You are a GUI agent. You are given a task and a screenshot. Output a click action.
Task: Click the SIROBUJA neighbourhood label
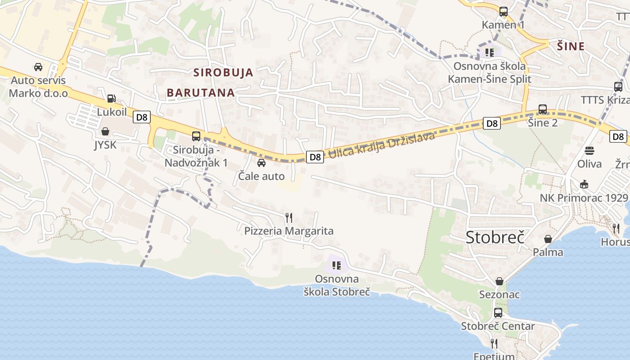tap(223, 72)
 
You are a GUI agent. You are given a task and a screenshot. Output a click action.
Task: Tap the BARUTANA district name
tap(201, 93)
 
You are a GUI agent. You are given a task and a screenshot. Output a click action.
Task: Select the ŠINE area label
tap(571, 46)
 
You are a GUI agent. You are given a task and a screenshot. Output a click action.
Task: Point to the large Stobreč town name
tap(495, 237)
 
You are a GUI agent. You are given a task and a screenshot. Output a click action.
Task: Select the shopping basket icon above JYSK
tap(105, 131)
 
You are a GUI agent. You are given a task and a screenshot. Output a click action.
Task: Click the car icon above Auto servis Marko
tap(38, 67)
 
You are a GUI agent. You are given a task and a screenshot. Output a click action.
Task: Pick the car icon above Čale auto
tap(261, 163)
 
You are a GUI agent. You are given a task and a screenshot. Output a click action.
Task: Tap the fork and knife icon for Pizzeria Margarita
tap(289, 218)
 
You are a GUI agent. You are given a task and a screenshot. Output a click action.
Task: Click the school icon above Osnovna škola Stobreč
tap(337, 265)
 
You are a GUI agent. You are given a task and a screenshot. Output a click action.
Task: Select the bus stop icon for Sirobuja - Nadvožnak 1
tap(196, 136)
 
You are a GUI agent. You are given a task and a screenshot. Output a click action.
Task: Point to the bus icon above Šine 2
tap(543, 109)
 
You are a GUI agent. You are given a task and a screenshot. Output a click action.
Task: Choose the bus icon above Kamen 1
tap(503, 12)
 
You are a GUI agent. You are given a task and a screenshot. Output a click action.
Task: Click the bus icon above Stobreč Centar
tap(498, 313)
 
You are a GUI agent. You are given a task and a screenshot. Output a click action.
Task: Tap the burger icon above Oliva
tap(589, 150)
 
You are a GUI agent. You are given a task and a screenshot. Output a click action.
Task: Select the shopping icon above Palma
tap(548, 239)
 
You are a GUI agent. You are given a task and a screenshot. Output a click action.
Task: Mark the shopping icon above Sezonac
tap(499, 281)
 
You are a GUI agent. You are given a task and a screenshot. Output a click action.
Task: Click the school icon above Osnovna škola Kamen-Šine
tap(490, 53)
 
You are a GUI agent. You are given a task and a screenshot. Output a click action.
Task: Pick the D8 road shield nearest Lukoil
tap(141, 117)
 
